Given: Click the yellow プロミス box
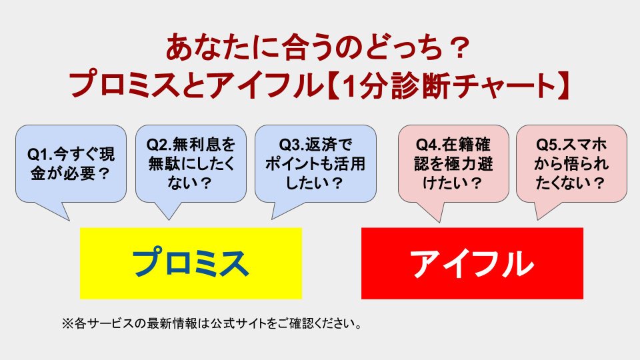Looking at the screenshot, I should click(x=191, y=263).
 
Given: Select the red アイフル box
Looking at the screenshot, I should click(x=472, y=263).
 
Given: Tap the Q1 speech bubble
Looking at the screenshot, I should click(x=71, y=163).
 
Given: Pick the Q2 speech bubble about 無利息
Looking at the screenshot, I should click(x=191, y=163).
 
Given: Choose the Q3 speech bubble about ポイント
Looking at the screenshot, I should click(x=315, y=163).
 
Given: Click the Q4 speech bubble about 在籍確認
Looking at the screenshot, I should click(x=453, y=163).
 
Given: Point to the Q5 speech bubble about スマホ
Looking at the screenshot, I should click(x=571, y=163).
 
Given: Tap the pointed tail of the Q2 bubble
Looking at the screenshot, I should click(x=167, y=212).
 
